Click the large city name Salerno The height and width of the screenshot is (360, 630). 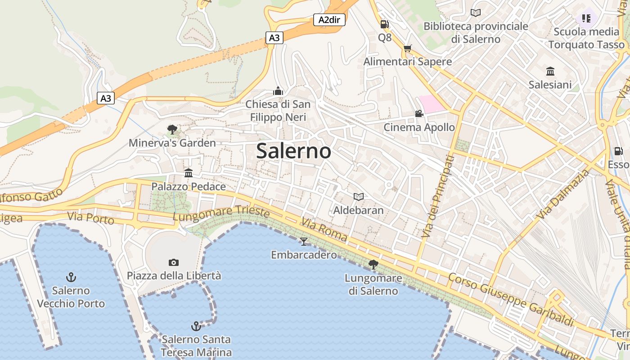click(293, 151)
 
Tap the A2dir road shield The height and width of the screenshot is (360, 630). click(329, 19)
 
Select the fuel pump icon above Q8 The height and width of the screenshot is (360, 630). click(384, 24)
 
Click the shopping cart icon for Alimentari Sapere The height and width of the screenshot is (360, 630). click(408, 49)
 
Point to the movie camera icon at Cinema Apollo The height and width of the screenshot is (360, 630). click(419, 113)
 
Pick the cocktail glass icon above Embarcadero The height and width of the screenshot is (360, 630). click(304, 242)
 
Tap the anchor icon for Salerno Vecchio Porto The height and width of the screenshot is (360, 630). click(71, 277)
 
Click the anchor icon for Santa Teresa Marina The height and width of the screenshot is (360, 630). click(196, 326)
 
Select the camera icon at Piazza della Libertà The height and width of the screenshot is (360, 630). click(173, 262)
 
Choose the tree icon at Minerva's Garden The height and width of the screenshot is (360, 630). click(172, 130)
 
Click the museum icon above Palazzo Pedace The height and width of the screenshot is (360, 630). click(188, 173)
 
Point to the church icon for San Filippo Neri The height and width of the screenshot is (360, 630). click(278, 91)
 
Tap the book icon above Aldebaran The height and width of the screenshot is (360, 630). click(358, 197)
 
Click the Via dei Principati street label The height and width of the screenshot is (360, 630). click(436, 196)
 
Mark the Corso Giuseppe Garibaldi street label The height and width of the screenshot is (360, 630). click(511, 298)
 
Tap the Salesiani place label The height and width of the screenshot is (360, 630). click(550, 85)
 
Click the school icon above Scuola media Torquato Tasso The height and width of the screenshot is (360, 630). click(586, 18)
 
